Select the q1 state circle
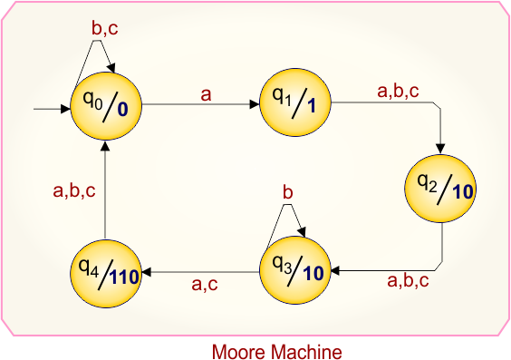(x=294, y=102)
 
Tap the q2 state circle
(x=440, y=187)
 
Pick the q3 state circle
(x=294, y=271)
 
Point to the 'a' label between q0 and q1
(x=206, y=92)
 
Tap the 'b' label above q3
(x=288, y=193)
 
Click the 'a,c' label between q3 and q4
(x=204, y=284)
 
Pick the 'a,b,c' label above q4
(x=74, y=190)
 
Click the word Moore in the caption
(x=238, y=350)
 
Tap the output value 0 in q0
(x=121, y=111)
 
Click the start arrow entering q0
(x=51, y=109)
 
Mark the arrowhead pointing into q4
(x=149, y=271)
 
